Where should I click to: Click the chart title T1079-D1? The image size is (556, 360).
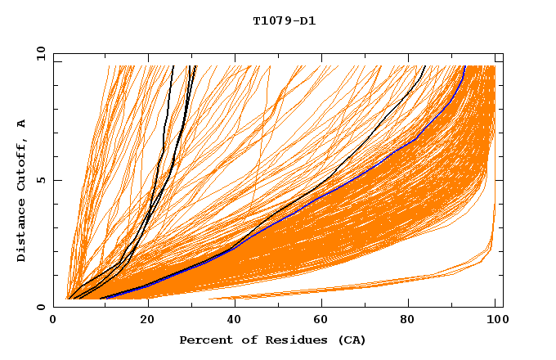click(x=284, y=20)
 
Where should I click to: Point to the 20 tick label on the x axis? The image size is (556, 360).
click(x=148, y=321)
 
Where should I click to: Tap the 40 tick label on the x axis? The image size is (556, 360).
click(x=236, y=321)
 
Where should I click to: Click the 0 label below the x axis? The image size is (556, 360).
click(x=53, y=321)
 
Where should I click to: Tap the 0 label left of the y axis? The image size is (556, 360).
click(x=40, y=307)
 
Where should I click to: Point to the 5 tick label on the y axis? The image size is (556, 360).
click(x=40, y=180)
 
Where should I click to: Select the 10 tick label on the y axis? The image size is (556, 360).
click(x=37, y=53)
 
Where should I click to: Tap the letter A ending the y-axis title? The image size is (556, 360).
click(x=21, y=123)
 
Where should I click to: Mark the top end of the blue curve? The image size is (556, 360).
click(x=464, y=67)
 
